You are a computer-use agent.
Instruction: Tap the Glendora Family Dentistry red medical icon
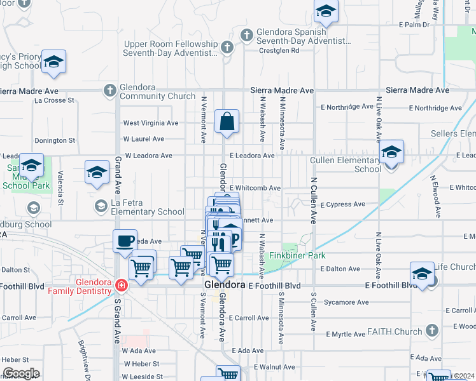pyautogui.click(x=121, y=286)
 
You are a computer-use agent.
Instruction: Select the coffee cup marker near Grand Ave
pyautogui.click(x=125, y=241)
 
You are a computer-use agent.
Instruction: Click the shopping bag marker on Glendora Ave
pyautogui.click(x=227, y=120)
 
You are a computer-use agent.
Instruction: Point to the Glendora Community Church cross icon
pyautogui.click(x=110, y=90)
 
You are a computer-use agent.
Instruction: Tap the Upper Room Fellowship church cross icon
pyautogui.click(x=227, y=47)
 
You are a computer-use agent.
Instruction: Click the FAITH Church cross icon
pyautogui.click(x=431, y=331)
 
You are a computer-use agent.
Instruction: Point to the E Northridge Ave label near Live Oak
pyautogui.click(x=437, y=109)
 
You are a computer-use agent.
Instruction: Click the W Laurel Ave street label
pyautogui.click(x=143, y=139)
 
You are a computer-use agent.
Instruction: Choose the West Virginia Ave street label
pyautogui.click(x=151, y=123)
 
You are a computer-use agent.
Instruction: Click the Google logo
pyautogui.click(x=21, y=373)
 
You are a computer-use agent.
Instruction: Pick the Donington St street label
pyautogui.click(x=55, y=140)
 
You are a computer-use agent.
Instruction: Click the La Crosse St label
pyautogui.click(x=55, y=100)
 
